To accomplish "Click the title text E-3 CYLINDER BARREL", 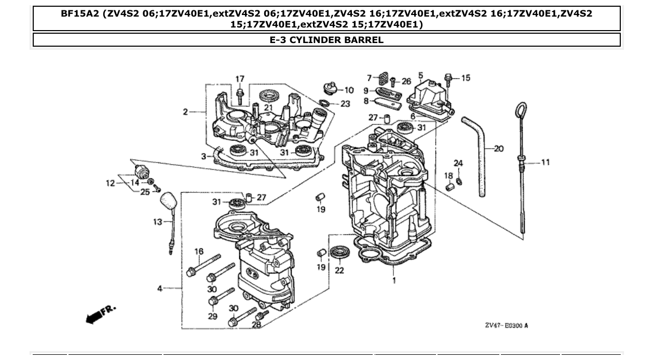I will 326,40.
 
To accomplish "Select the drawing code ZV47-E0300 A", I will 506,325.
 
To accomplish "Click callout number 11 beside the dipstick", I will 545,162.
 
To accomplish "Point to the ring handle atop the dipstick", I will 521,110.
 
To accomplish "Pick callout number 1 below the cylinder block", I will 393,281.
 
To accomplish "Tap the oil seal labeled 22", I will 340,253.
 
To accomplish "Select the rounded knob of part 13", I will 168,200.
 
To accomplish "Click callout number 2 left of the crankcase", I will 186,112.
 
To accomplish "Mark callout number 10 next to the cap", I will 349,90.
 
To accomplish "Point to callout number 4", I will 160,288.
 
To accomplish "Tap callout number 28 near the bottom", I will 256,325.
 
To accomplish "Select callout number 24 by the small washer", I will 458,163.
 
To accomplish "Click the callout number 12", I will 110,183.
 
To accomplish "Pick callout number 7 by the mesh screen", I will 369,78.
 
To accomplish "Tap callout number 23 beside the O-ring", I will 345,104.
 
